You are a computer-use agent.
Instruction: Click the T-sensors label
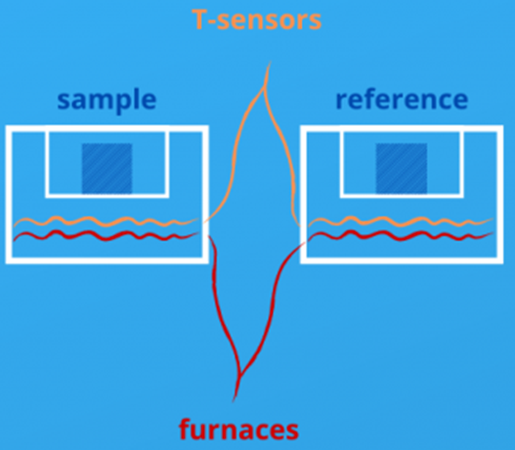pos(256,20)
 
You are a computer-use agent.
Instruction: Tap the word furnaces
pos(238,429)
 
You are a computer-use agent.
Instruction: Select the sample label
pos(107,101)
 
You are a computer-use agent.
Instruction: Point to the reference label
pos(402,100)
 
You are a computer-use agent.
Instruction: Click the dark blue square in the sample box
pos(107,168)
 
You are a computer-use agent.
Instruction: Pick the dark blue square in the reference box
pos(402,168)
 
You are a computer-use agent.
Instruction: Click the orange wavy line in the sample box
pos(106,222)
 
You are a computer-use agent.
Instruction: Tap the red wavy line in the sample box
pos(106,236)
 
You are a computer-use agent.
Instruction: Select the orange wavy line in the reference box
pos(401,222)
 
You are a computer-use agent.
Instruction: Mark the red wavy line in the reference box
pos(401,236)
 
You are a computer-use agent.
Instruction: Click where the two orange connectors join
pos(264,87)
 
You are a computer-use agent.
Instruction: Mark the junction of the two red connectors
pos(240,375)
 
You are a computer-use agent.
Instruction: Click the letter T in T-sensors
pos(199,19)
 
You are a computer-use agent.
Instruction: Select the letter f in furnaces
pos(185,429)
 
